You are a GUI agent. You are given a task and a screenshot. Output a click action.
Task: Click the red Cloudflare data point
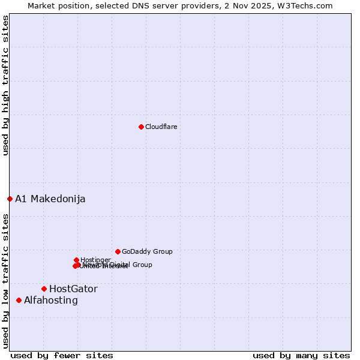(141, 127)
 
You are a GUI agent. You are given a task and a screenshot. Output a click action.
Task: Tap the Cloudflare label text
(161, 127)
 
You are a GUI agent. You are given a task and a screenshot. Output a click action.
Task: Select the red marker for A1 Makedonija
(10, 199)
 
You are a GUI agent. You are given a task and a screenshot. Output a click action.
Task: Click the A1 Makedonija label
(50, 199)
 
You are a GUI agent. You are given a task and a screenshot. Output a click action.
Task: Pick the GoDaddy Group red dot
(118, 251)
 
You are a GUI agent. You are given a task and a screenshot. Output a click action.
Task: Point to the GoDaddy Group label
(147, 251)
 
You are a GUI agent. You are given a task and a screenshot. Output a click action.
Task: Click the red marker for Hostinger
(76, 260)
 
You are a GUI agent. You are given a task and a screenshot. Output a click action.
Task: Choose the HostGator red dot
(44, 289)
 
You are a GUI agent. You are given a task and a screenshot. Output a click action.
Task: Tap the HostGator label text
(73, 289)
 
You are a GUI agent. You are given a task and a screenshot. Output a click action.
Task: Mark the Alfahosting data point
(19, 300)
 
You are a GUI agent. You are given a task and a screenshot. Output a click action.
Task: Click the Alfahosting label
(51, 300)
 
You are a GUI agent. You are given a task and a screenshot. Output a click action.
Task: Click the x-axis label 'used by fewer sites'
(62, 355)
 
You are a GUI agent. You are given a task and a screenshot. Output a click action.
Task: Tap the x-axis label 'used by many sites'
(301, 355)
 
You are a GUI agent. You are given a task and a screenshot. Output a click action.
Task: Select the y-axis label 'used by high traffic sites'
(5, 85)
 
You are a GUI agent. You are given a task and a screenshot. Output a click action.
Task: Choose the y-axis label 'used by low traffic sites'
(5, 281)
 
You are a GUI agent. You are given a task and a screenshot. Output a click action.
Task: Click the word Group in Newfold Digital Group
(142, 265)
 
